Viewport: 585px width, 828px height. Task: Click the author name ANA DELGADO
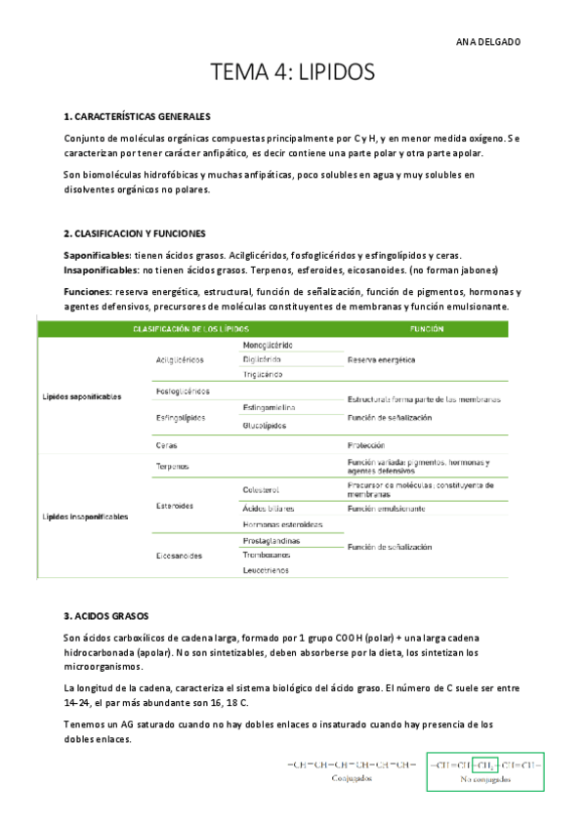tap(488, 42)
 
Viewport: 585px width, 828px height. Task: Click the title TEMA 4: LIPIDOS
tap(292, 73)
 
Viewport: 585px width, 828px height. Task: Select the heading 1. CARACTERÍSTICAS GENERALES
tap(137, 116)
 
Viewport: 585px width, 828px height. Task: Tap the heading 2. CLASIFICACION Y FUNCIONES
tap(134, 233)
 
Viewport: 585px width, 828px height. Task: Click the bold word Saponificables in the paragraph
tap(97, 254)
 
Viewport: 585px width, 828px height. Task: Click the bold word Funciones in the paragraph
tap(87, 291)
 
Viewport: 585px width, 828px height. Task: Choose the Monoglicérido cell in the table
tap(267, 345)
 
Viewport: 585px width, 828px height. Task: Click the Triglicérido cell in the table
tap(263, 374)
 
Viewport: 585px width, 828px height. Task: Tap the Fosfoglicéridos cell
tap(183, 391)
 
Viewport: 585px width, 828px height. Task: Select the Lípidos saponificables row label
tap(82, 397)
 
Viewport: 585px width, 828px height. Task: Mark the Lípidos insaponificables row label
tap(85, 516)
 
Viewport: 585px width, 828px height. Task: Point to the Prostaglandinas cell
tap(271, 540)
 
